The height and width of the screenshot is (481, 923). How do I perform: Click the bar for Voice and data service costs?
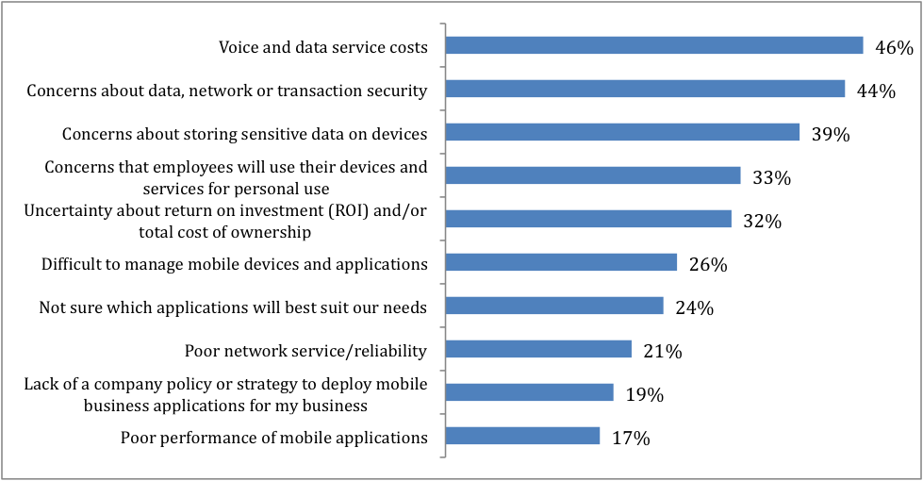[653, 45]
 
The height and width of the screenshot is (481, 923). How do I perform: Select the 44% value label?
[877, 91]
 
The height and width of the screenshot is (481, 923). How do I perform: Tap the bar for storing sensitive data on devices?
[621, 132]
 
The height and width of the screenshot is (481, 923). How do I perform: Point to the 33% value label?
[772, 178]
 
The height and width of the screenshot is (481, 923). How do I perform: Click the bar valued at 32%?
[587, 219]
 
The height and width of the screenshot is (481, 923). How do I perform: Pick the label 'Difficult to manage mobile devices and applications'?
[234, 264]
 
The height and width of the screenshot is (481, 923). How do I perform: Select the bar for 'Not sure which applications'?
[553, 306]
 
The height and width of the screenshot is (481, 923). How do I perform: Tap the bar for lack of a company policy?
[529, 392]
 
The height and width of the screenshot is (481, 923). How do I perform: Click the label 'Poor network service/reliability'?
[305, 351]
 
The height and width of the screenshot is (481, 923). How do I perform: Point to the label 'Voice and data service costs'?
[323, 46]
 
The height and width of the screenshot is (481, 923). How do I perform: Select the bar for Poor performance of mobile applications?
[521, 436]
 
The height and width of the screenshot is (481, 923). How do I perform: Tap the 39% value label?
[831, 135]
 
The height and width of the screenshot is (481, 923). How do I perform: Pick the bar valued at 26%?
[560, 262]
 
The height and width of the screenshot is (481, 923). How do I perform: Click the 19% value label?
[645, 395]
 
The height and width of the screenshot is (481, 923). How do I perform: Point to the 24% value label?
[695, 308]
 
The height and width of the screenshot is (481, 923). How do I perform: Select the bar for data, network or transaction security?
[644, 89]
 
